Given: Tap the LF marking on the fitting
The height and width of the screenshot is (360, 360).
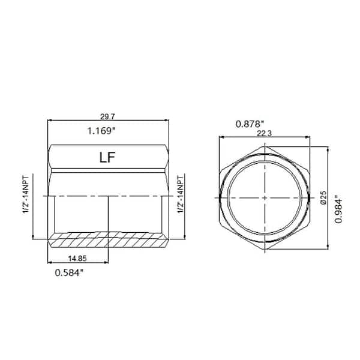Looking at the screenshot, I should click(x=108, y=158).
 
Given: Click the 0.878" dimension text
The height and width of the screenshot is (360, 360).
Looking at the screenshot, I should click(x=251, y=124).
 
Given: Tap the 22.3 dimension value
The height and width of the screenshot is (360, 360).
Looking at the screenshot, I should click(x=265, y=135).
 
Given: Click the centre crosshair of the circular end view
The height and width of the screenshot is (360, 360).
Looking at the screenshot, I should click(x=265, y=197).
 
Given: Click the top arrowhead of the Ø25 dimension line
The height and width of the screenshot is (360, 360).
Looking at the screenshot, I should click(x=328, y=148).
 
